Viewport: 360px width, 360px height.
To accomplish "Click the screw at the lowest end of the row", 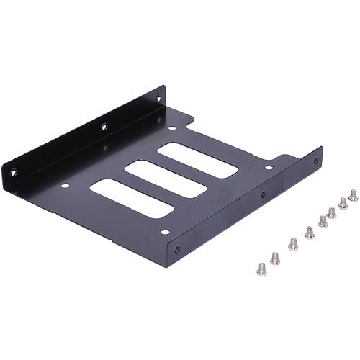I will tap(261, 269).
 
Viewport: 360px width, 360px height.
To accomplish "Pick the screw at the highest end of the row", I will tap(353, 195).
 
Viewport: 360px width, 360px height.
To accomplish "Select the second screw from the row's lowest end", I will tap(275, 258).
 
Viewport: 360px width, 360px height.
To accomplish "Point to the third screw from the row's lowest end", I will tap(293, 244).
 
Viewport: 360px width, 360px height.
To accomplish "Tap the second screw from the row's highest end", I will tap(343, 203).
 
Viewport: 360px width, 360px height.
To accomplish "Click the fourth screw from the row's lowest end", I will tap(310, 233).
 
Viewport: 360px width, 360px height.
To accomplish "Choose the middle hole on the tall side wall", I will tap(104, 127).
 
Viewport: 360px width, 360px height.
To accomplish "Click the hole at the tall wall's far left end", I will tap(12, 173).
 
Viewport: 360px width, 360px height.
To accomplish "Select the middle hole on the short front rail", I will tap(263, 194).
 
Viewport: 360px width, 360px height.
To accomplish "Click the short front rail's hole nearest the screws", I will tap(315, 161).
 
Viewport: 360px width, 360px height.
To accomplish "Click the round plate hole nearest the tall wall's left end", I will tap(65, 186).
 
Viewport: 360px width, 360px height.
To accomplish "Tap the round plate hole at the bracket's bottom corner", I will tap(164, 232).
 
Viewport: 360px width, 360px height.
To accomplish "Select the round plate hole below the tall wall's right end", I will tap(171, 127).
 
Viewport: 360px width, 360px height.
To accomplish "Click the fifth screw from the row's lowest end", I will tap(323, 221).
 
